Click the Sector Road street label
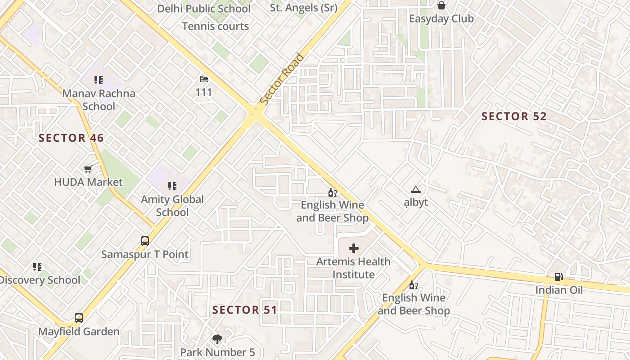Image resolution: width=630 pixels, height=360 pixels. point(282,79)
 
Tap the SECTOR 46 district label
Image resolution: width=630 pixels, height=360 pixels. point(71,138)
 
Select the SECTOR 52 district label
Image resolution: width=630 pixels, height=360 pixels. point(514,116)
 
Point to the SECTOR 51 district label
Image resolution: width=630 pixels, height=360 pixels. point(244,310)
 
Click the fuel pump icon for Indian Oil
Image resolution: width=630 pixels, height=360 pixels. point(558,277)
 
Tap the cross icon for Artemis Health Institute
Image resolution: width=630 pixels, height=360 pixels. point(354,248)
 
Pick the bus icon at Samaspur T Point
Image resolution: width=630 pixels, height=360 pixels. point(144,241)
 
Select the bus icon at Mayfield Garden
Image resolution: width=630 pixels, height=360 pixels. point(79,318)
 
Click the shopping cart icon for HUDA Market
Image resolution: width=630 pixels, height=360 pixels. point(88,169)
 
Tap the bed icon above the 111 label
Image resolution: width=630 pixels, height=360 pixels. point(203,79)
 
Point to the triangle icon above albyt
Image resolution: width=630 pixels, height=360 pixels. point(415,190)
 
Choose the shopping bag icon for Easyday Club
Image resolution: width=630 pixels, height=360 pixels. point(441,6)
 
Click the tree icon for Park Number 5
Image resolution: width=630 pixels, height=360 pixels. point(217,339)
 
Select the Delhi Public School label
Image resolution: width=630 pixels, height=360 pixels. point(204,9)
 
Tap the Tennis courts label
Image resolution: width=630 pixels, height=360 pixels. point(215,26)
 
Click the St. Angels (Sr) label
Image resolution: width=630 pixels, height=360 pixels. point(304,8)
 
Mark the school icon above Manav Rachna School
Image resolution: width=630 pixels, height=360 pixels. point(99,80)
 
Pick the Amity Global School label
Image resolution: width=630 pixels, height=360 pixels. point(172,206)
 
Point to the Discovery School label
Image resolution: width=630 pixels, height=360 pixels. point(40,280)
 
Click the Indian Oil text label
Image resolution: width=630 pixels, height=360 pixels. point(559,290)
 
